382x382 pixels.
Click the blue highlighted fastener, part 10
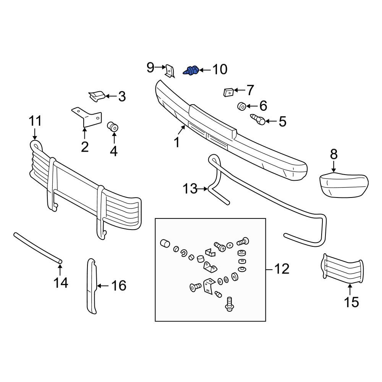[x=191, y=70]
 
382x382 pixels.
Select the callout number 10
[x=220, y=70]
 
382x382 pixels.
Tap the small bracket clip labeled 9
[x=170, y=71]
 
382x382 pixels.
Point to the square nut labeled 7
[x=229, y=92]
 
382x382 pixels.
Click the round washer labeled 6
[x=242, y=106]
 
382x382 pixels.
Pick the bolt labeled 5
[x=258, y=120]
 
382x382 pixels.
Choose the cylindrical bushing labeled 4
[x=113, y=126]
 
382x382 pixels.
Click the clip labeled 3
[x=97, y=96]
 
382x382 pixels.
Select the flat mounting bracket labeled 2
[x=86, y=117]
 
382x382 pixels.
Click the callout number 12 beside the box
[x=282, y=269]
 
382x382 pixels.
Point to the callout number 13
[x=190, y=189]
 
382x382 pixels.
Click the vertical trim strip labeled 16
[x=92, y=286]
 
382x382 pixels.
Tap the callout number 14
[x=61, y=283]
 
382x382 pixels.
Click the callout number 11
[x=35, y=121]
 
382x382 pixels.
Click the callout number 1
[x=177, y=142]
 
